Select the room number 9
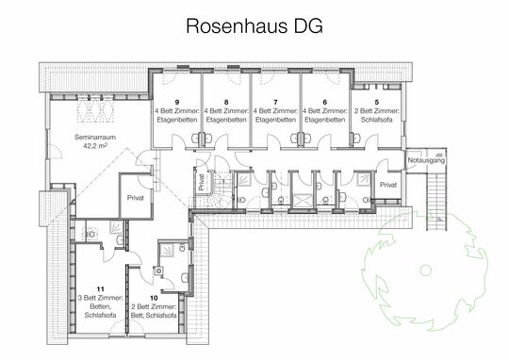pos(177,100)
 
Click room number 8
pos(226,100)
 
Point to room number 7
pos(275,100)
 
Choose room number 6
pos(324,100)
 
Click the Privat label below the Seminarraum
pos(136,198)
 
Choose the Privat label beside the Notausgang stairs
pos(388,187)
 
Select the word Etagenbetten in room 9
pos(177,121)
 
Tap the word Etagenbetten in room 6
pos(324,121)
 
